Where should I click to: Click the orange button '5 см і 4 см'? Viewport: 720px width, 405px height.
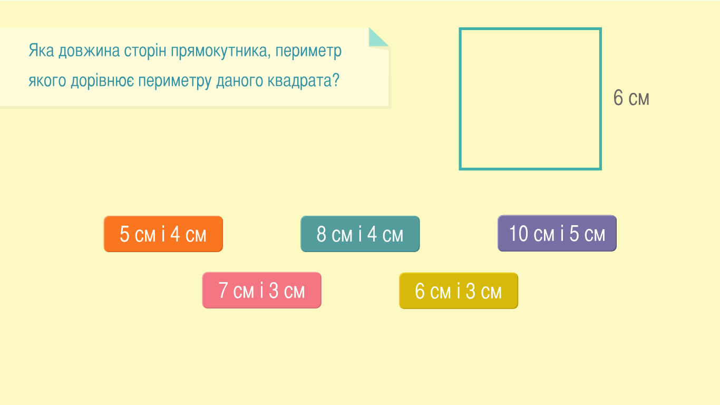pyautogui.click(x=163, y=234)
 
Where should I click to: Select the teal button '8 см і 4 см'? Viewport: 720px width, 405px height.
pyautogui.click(x=360, y=234)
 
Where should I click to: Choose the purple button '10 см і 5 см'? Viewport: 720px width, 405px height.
pyautogui.click(x=557, y=233)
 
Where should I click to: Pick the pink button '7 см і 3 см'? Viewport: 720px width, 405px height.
pyautogui.click(x=261, y=290)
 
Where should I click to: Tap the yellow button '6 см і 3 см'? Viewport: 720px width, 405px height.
pyautogui.click(x=459, y=291)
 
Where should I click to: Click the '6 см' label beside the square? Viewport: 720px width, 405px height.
pyautogui.click(x=631, y=98)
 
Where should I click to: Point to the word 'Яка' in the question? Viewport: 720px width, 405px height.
pyautogui.click(x=41, y=51)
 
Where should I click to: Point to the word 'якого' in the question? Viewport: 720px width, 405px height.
pyautogui.click(x=47, y=81)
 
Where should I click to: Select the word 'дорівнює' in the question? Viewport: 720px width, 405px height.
pyautogui.click(x=103, y=81)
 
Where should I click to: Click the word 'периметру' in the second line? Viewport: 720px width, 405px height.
pyautogui.click(x=175, y=81)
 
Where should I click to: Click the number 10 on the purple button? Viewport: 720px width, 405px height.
pyautogui.click(x=519, y=233)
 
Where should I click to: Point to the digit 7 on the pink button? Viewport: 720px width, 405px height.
pyautogui.click(x=223, y=290)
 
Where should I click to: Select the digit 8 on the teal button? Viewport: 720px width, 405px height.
pyautogui.click(x=322, y=234)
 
